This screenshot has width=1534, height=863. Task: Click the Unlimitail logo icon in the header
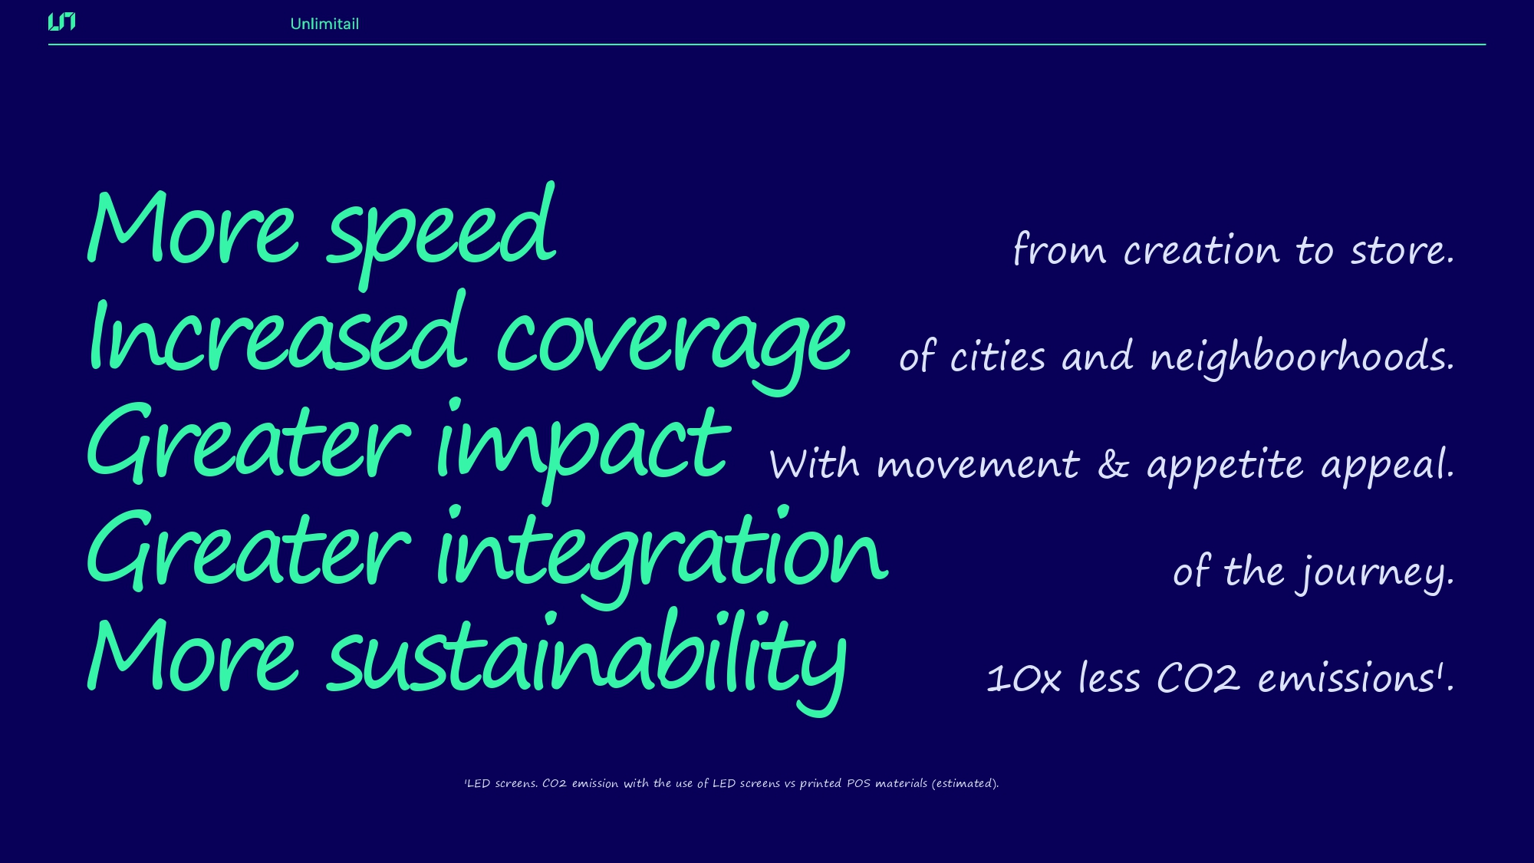pos(61,22)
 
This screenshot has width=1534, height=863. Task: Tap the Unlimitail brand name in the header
pos(324,24)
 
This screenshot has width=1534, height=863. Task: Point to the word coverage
pos(673,349)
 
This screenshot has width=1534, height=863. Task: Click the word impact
pos(583,449)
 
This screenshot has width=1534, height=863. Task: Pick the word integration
pos(662,556)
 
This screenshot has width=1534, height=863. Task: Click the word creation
pos(1201,250)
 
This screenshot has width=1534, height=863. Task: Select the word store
pos(1402,250)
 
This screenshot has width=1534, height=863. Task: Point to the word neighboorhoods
pos(1302,357)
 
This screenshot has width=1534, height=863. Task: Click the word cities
pos(997,356)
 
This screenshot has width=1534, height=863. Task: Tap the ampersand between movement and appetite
pos(1113,465)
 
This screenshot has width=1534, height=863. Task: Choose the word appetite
pos(1225,466)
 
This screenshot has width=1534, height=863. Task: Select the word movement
pos(978,465)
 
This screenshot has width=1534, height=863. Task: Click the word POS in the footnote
pos(858,783)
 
